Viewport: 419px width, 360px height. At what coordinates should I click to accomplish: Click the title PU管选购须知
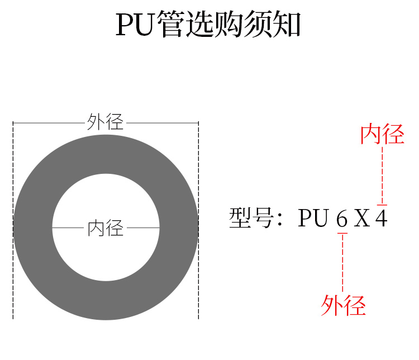pos(209,25)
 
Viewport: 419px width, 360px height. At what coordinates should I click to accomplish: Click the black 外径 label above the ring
pos(106,122)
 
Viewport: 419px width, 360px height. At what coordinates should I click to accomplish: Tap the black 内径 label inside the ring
pos(106,228)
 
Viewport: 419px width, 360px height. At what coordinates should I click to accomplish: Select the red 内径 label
pos(382,135)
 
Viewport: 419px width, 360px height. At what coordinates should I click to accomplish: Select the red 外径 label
pos(343,305)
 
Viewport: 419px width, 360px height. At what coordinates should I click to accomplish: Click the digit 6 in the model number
pos(342,218)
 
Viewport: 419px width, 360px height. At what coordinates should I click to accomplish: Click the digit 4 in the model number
pos(381,218)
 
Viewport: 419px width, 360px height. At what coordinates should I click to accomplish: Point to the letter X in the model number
pos(362,218)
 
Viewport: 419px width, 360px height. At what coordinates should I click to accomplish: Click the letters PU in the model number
pos(312,218)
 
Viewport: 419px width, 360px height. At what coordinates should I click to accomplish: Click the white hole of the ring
pos(106,196)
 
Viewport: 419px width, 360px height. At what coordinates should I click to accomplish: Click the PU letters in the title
pos(135,25)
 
